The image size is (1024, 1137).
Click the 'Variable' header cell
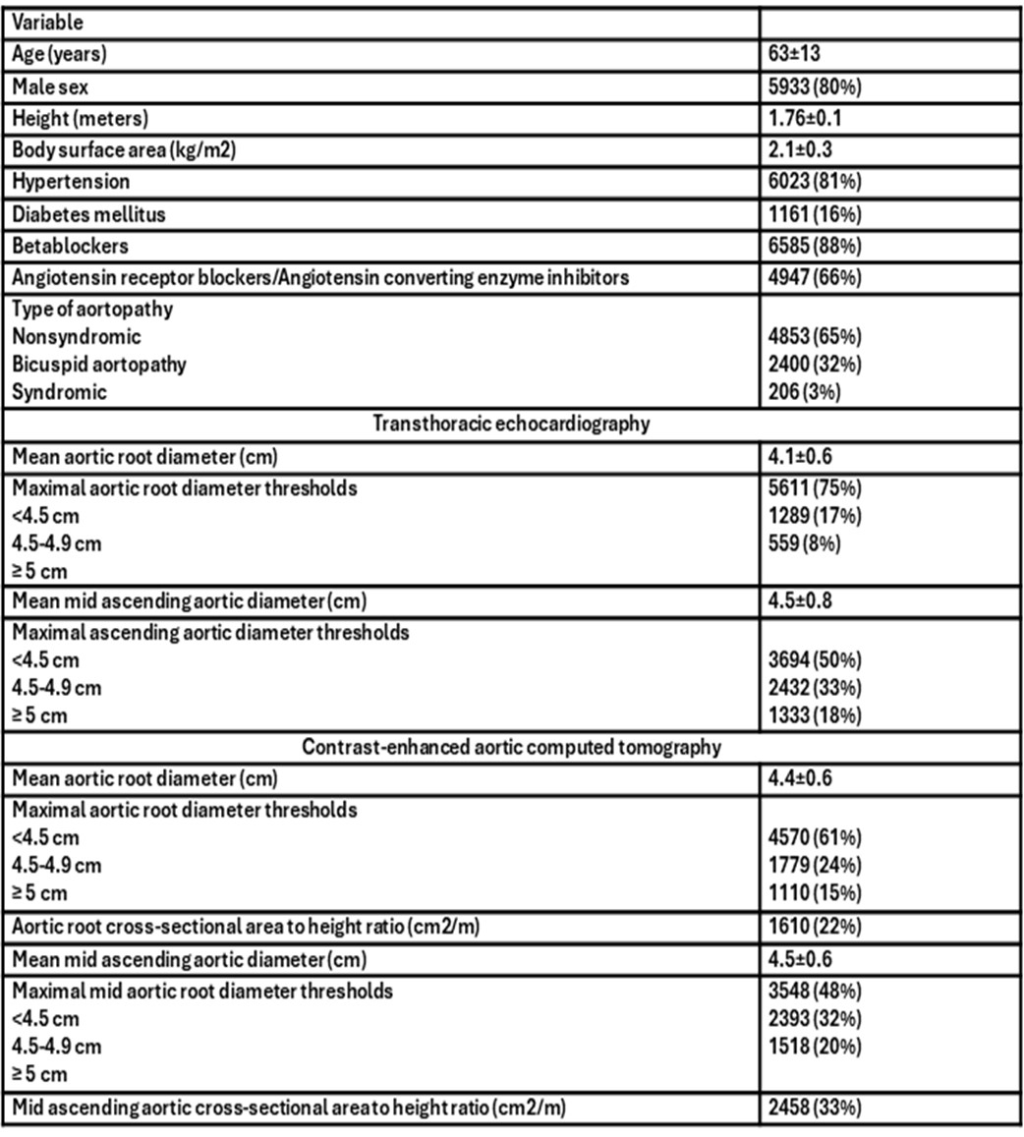[48, 22]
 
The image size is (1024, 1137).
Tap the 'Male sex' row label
[50, 87]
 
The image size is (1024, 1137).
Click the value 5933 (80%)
[816, 87]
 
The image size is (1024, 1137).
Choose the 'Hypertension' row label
[71, 182]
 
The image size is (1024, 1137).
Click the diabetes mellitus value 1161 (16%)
[816, 213]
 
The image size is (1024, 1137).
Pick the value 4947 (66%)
[816, 277]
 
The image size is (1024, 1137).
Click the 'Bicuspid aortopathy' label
[99, 364]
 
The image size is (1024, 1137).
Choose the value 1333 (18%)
[816, 715]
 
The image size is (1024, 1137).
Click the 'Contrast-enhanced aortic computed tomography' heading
[511, 747]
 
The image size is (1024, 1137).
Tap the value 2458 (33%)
[816, 1108]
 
